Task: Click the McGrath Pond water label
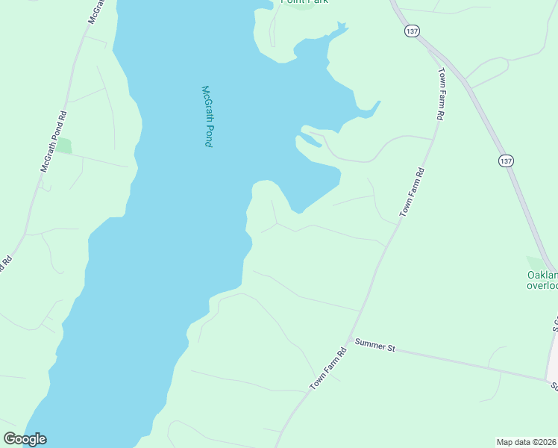tap(207, 116)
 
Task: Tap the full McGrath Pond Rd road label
tap(54, 142)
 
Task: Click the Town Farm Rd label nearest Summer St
tap(329, 369)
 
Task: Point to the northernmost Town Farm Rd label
tap(442, 94)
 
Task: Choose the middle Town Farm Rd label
tap(412, 193)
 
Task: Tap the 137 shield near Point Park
tap(413, 31)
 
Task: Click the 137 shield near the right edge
tap(507, 161)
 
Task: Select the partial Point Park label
tap(304, 2)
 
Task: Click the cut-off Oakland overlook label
tap(542, 279)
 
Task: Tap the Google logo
tap(25, 439)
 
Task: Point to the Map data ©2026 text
tap(527, 442)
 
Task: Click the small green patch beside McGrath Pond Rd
tap(64, 146)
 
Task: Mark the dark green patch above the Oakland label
tap(536, 263)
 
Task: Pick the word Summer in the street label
tap(369, 343)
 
